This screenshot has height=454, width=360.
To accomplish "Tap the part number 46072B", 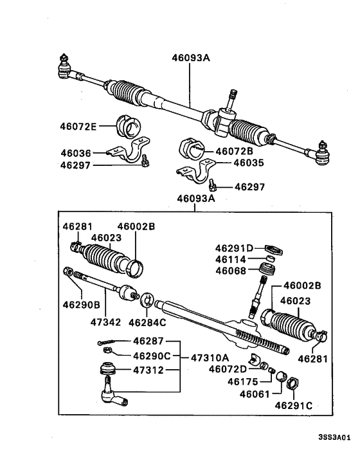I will click(x=235, y=151).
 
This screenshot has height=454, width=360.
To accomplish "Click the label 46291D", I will click(x=235, y=248).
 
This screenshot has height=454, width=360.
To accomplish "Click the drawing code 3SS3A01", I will click(x=334, y=437).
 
